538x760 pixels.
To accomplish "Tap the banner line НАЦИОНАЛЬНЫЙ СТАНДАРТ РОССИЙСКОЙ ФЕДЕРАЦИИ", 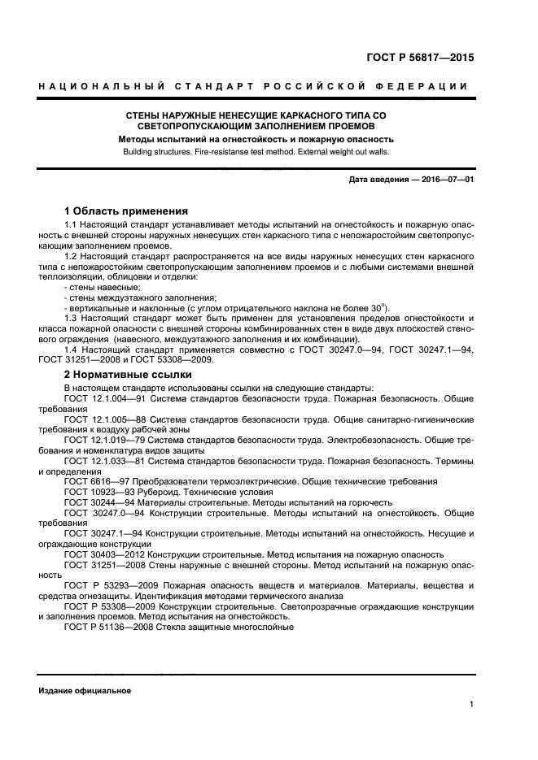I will click(x=253, y=86).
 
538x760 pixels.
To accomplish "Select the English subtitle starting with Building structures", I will click(x=256, y=151).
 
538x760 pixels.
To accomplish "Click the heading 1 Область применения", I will click(x=126, y=211).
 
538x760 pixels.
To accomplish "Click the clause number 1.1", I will click(x=71, y=224).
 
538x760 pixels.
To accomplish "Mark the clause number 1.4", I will click(x=71, y=350).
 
